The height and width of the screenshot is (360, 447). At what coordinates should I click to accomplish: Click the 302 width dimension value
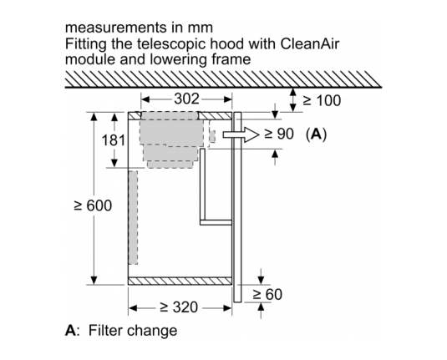click(x=186, y=99)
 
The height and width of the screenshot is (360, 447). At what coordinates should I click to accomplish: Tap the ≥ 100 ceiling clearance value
click(x=322, y=100)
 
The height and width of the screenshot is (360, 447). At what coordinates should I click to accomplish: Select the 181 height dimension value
click(x=114, y=140)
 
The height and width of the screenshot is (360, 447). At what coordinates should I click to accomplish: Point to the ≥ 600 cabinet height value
click(x=93, y=205)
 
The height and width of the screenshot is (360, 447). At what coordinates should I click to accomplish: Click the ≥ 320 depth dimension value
click(x=179, y=307)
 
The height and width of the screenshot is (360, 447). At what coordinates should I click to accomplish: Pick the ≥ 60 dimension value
click(x=267, y=295)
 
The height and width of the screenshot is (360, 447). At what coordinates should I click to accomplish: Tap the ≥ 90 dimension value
click(x=279, y=134)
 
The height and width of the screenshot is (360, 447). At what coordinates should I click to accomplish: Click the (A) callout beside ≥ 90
click(x=316, y=134)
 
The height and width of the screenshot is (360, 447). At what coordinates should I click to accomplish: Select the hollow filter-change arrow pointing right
click(x=241, y=134)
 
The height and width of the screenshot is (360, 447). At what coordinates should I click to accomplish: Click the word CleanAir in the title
click(x=310, y=44)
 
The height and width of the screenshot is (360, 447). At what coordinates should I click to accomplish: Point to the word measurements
click(x=116, y=28)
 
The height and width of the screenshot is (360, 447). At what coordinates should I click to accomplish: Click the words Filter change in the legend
click(x=133, y=331)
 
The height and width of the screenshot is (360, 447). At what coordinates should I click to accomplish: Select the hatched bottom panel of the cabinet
click(x=180, y=281)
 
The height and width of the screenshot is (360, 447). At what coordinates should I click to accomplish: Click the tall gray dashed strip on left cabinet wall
click(x=133, y=217)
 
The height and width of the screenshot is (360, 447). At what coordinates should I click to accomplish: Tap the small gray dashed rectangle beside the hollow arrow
click(x=212, y=136)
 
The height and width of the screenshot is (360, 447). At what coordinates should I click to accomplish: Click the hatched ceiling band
click(x=223, y=79)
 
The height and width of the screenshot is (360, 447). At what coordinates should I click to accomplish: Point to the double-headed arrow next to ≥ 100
click(x=292, y=99)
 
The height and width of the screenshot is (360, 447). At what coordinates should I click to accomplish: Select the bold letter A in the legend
click(x=71, y=331)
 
